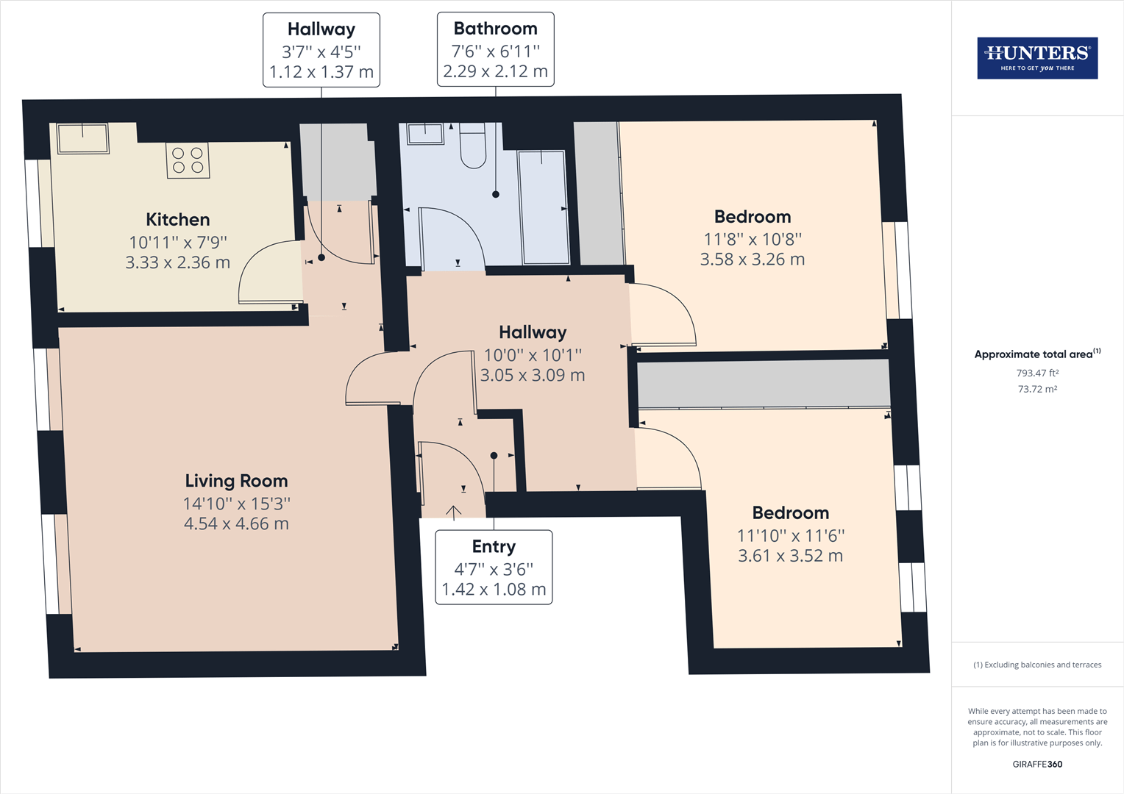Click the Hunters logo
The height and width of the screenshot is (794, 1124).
point(1037,57)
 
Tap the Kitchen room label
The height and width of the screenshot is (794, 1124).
point(177,220)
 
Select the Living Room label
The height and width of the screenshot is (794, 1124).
point(236,481)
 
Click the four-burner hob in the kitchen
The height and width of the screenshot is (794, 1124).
point(188,160)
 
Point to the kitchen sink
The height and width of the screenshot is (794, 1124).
point(83,138)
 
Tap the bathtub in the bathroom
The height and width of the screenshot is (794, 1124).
point(544,207)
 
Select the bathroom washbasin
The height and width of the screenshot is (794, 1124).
point(425,133)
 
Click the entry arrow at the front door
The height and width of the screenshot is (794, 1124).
point(454,512)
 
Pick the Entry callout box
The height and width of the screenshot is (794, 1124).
point(494,568)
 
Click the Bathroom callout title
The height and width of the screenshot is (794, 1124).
point(495,29)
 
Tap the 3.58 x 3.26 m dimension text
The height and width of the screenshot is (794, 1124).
point(753,260)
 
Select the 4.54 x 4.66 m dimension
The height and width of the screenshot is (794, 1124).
point(236,523)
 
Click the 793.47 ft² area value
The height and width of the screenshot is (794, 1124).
point(1037,373)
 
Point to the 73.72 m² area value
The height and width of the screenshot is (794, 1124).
point(1037,389)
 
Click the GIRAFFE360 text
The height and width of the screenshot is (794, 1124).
point(1037,764)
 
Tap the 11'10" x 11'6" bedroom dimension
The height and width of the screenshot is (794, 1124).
point(790,536)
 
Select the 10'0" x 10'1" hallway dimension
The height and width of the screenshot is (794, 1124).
point(533,355)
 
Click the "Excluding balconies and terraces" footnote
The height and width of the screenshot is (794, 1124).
point(1037,665)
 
